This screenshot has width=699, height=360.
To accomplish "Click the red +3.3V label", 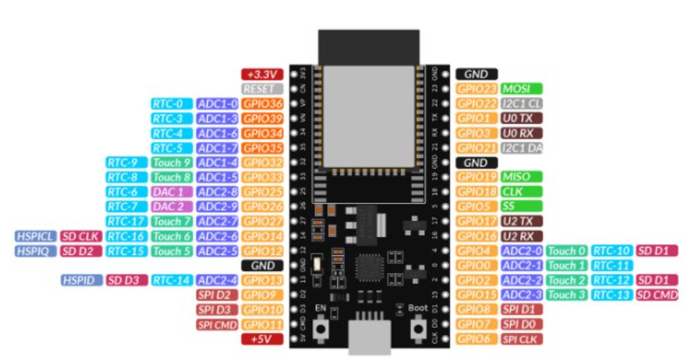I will (x=262, y=74).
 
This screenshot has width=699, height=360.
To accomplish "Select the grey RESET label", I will (x=262, y=89).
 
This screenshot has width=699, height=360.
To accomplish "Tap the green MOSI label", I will (x=521, y=89).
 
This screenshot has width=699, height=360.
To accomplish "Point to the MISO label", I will (x=521, y=176).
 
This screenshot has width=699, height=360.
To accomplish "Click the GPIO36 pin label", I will (x=262, y=104).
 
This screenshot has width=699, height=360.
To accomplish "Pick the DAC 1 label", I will (x=171, y=192).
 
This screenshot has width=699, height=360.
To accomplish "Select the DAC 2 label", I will (x=171, y=206).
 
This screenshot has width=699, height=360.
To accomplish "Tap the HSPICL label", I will (x=36, y=236).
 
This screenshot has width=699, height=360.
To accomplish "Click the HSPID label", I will (x=81, y=280).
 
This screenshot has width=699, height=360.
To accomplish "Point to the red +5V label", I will (x=262, y=339).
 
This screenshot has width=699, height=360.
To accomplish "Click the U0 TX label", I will (x=521, y=118).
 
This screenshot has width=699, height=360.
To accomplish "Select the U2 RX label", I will (x=521, y=236).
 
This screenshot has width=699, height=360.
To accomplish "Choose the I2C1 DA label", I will (x=521, y=147).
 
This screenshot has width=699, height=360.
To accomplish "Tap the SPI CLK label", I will (x=521, y=339).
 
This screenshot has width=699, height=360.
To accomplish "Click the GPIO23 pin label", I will (x=476, y=89).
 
